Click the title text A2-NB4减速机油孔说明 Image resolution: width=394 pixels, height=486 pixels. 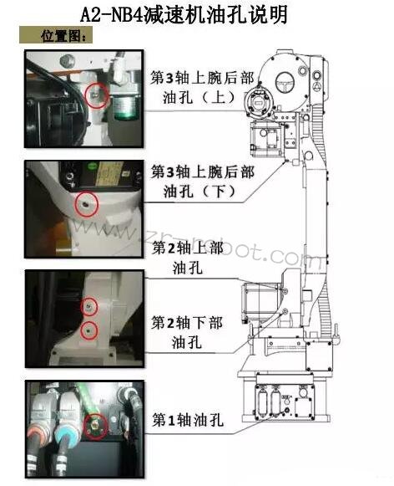tap(184, 14)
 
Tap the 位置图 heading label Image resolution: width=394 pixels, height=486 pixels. tap(63, 36)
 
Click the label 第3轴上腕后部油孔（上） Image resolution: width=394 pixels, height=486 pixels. tap(202, 88)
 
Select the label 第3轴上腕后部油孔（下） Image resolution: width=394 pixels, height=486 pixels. tap(203, 182)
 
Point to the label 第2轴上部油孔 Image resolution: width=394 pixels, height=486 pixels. tap(188, 258)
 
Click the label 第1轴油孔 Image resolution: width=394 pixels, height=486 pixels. tap(188, 420)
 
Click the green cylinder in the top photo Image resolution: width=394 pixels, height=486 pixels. tap(127, 107)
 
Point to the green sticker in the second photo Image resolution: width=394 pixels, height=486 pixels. tap(92, 166)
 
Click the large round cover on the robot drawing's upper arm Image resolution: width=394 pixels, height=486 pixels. tap(285, 83)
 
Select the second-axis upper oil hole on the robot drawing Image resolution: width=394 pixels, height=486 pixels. tap(285, 291)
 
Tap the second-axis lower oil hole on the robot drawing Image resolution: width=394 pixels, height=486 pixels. tap(285, 311)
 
